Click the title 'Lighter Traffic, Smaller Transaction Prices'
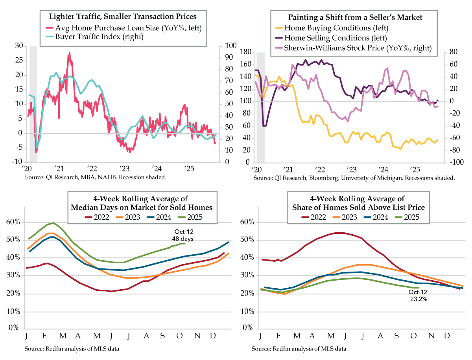(x=122, y=17)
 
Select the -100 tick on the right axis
(x=455, y=162)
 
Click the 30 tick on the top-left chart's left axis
(x=18, y=46)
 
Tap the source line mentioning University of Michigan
(x=354, y=178)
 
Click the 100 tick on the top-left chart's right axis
(x=229, y=46)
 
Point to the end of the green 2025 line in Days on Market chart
(x=184, y=244)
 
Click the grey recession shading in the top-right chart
(x=260, y=106)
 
